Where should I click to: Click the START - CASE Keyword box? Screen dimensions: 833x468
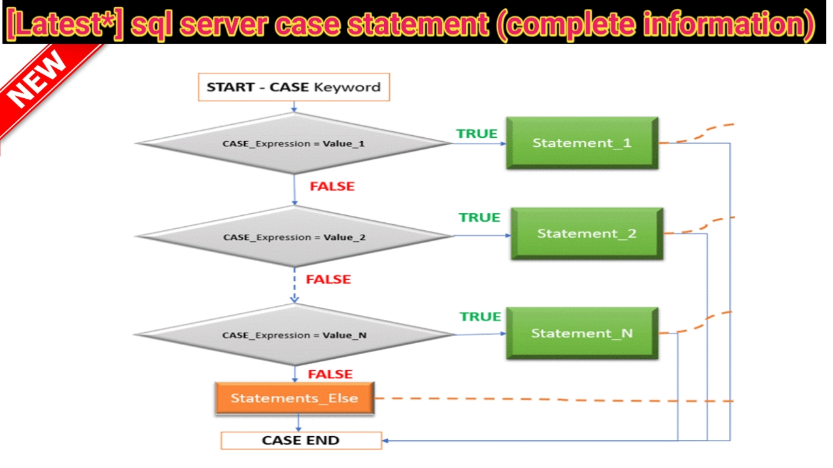[294, 87]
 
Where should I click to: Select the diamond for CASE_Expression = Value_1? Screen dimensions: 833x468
[294, 144]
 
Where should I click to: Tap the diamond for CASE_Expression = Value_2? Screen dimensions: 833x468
[295, 237]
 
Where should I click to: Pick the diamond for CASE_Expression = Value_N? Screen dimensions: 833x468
[295, 335]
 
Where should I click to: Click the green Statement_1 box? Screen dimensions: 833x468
[582, 143]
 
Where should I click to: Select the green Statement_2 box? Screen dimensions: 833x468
[587, 233]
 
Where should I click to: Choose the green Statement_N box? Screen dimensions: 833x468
[582, 333]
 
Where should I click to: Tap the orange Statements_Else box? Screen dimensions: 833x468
[295, 398]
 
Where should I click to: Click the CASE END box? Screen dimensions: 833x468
[301, 441]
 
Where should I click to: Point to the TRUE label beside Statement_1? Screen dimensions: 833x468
[477, 134]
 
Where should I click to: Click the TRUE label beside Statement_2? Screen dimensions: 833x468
[480, 217]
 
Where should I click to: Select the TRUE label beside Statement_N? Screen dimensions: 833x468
[480, 317]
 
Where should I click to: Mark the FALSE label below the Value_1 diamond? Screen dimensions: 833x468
[332, 187]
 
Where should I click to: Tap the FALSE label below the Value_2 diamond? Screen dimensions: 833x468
[329, 279]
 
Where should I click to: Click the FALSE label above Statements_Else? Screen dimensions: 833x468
[330, 374]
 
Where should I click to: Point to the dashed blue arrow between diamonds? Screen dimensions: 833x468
[295, 285]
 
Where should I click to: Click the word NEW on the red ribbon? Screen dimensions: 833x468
[37, 79]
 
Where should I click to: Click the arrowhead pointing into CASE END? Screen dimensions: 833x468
[386, 441]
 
